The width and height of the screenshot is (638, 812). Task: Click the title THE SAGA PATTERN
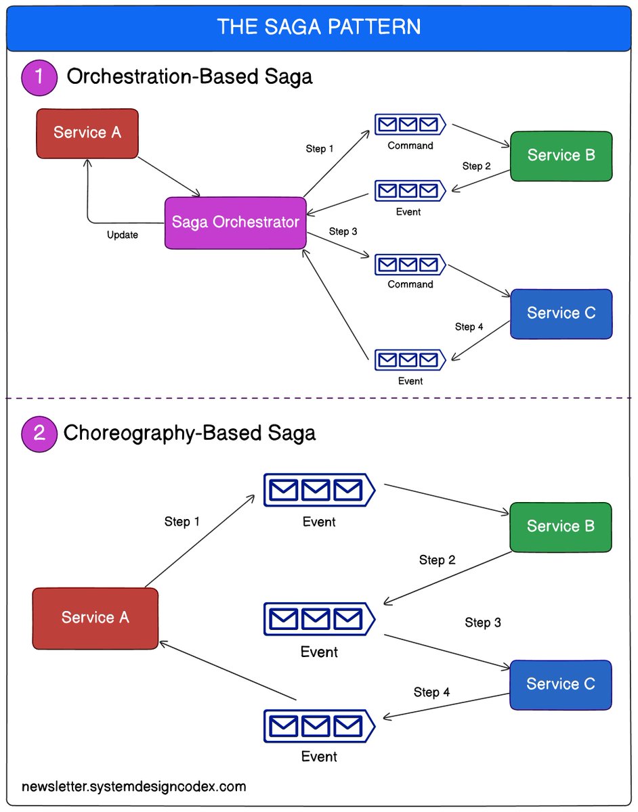click(318, 26)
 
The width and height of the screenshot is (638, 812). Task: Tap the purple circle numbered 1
click(39, 76)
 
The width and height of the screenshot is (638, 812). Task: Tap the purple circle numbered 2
click(39, 432)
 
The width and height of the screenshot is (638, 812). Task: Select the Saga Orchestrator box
click(235, 223)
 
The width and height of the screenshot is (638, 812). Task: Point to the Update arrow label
click(123, 235)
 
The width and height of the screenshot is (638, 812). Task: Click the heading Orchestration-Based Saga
click(190, 76)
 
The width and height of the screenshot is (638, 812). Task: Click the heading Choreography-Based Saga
click(190, 432)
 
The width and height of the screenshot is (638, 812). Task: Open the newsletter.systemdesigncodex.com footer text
click(134, 786)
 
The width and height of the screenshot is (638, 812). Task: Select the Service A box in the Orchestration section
click(87, 133)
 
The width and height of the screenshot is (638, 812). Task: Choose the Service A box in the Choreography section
click(95, 618)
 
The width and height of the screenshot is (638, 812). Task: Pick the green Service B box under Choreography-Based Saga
click(561, 526)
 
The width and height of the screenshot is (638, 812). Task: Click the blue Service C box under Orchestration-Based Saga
click(561, 313)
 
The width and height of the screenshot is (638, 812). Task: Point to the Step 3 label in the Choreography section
click(483, 623)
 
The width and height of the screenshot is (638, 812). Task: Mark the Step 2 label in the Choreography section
click(438, 560)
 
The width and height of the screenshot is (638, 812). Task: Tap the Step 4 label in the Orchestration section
click(469, 327)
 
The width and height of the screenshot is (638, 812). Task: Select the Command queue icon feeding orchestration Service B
click(410, 125)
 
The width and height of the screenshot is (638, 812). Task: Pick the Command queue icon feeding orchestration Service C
click(410, 264)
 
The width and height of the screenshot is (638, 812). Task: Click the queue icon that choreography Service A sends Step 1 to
click(319, 490)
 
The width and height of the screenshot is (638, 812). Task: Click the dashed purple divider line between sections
click(318, 399)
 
